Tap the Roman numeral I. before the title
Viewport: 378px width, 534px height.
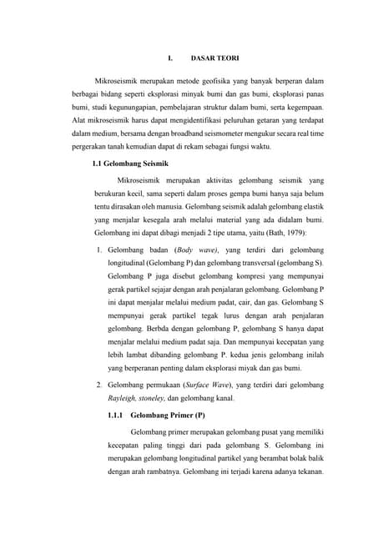(x=170, y=58)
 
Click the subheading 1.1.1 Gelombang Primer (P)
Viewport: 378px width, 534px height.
(x=157, y=415)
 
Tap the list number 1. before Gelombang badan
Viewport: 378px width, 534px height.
(x=98, y=250)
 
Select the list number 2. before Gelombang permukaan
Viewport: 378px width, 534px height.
(x=98, y=385)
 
